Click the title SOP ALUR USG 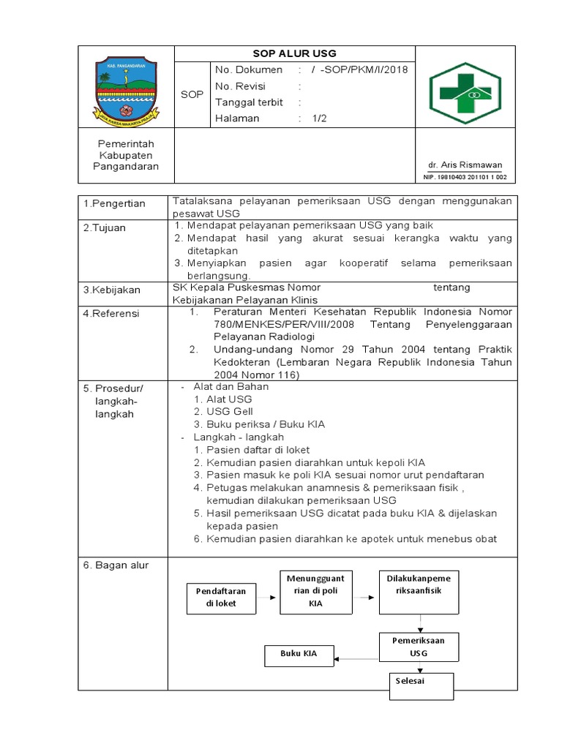coord(294,54)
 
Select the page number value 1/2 coord(321,118)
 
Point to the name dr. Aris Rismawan coord(465,165)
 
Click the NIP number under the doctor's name coord(465,178)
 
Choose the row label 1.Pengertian coord(115,203)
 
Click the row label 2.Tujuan coord(105,228)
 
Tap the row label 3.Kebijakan coord(112,290)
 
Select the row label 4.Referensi coord(111,314)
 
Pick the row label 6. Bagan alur coord(116,565)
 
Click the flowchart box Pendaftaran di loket coord(221,597)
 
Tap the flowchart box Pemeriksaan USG coord(419,647)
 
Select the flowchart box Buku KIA coord(299,655)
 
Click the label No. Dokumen coord(249,70)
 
